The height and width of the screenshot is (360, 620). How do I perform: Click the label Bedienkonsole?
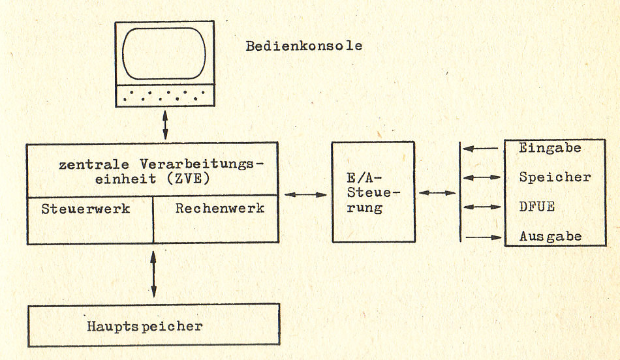click(303, 46)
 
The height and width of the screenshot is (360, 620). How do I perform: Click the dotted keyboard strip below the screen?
click(165, 95)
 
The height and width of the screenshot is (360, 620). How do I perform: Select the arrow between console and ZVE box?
click(165, 125)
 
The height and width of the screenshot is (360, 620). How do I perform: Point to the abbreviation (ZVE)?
click(188, 179)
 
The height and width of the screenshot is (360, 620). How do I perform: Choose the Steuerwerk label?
click(85, 209)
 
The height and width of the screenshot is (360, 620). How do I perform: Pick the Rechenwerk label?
click(220, 208)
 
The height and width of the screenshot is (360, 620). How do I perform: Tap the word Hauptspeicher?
click(145, 326)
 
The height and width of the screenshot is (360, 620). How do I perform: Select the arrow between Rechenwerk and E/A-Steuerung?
click(305, 194)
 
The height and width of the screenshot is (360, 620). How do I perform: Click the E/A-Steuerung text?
click(374, 193)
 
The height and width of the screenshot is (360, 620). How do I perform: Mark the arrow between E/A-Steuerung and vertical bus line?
click(437, 193)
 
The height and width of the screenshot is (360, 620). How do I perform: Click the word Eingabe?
click(550, 148)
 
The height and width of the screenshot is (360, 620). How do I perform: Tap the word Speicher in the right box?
click(555, 177)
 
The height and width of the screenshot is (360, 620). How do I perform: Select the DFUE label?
click(537, 207)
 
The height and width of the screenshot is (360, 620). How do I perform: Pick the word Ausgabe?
click(550, 236)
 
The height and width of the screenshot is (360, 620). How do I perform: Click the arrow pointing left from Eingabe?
click(480, 149)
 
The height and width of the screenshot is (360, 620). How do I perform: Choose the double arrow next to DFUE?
click(482, 207)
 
